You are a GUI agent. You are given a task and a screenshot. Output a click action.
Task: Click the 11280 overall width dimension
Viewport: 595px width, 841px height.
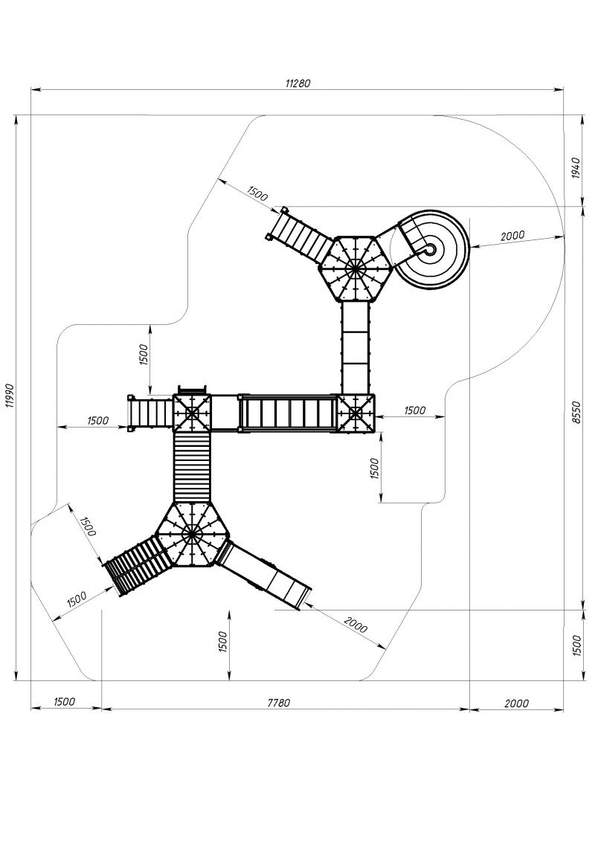pyautogui.click(x=297, y=83)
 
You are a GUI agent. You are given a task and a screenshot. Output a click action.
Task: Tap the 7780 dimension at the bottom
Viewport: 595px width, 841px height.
pyautogui.click(x=279, y=703)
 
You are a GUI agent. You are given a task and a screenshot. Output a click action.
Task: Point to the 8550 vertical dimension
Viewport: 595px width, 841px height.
pyautogui.click(x=576, y=412)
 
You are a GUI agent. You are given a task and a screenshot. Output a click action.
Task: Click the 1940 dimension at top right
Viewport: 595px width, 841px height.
pyautogui.click(x=576, y=168)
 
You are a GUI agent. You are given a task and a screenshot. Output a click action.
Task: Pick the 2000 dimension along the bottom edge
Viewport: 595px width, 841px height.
pyautogui.click(x=516, y=703)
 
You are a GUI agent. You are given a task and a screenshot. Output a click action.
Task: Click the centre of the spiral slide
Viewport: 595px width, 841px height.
pyautogui.click(x=430, y=249)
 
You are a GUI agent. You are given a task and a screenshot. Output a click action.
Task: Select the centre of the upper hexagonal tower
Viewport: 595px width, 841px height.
pyautogui.click(x=354, y=268)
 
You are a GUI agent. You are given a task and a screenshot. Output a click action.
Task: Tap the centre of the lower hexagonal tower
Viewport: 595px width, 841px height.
pyautogui.click(x=192, y=534)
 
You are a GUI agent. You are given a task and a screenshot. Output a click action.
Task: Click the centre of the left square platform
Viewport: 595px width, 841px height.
pyautogui.click(x=192, y=413)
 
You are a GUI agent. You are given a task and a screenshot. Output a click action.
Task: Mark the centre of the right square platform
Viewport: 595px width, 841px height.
pyautogui.click(x=356, y=413)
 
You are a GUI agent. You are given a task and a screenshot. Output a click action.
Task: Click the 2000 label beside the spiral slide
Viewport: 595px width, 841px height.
pyautogui.click(x=512, y=236)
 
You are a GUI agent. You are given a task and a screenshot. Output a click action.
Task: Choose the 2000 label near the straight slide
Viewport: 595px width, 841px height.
pyautogui.click(x=356, y=625)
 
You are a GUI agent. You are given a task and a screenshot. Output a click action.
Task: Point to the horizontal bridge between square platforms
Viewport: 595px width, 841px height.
pyautogui.click(x=288, y=413)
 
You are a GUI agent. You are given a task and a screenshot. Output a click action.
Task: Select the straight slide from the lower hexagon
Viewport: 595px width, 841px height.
pyautogui.click(x=263, y=575)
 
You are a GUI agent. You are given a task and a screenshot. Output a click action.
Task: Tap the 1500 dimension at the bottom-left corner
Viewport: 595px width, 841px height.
pyautogui.click(x=65, y=701)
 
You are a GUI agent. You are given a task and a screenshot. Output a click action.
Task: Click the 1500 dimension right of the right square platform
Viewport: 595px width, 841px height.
pyautogui.click(x=414, y=410)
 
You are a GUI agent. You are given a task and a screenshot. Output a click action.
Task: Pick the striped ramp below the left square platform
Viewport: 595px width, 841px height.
pyautogui.click(x=192, y=467)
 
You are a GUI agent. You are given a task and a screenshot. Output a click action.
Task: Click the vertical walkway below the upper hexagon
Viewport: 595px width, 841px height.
pyautogui.click(x=356, y=347)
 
